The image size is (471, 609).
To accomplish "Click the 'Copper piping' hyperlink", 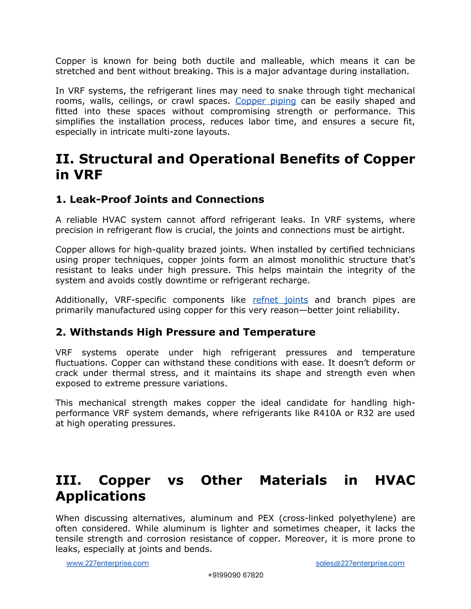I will pyautogui.click(x=265, y=101).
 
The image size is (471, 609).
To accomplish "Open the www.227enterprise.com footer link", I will pyautogui.click(x=107, y=563).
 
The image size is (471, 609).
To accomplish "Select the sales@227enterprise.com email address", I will pyautogui.click(x=360, y=563).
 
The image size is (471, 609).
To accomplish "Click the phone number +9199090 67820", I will pyautogui.click(x=235, y=575).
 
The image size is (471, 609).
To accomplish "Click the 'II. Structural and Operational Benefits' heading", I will pyautogui.click(x=235, y=159).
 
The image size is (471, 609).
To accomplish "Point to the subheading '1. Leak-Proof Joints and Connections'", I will pyautogui.click(x=160, y=199).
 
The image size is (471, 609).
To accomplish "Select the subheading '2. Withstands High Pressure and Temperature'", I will pyautogui.click(x=185, y=332).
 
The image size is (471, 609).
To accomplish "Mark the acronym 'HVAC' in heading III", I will pyautogui.click(x=395, y=480).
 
